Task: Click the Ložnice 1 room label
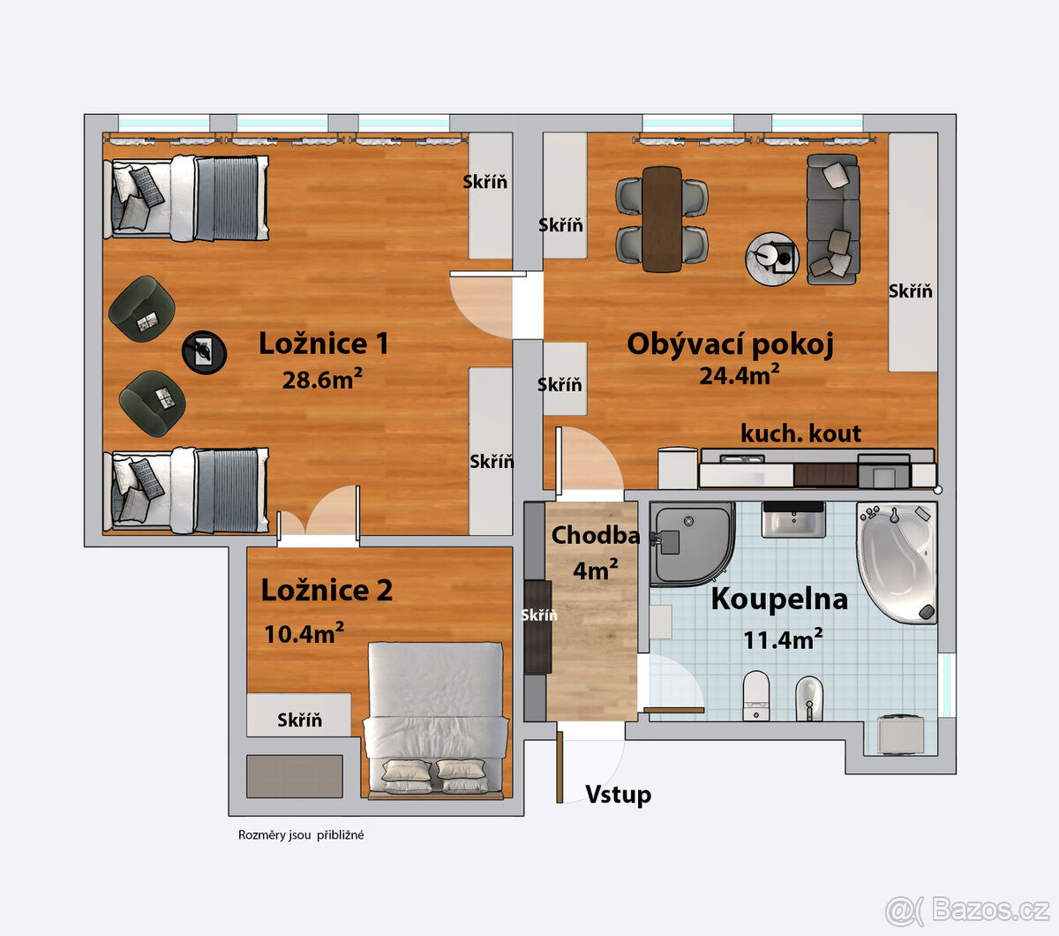coord(323,343)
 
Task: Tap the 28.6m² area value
coord(322,380)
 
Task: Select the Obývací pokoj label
coord(730,344)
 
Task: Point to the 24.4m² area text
coord(739,374)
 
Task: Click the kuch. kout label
coord(800,434)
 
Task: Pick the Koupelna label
coord(779,599)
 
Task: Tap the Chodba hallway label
coord(595,535)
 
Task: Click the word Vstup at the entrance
coord(618,795)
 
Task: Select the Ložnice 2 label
coord(327,591)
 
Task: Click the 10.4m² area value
coord(304,632)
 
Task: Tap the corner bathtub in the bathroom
coord(896,562)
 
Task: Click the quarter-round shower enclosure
coord(692,543)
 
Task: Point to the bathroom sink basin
coord(793,520)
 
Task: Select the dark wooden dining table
coord(662,218)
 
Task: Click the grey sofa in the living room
coord(832,219)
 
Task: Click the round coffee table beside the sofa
coord(772,258)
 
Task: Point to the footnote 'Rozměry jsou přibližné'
coord(301,835)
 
